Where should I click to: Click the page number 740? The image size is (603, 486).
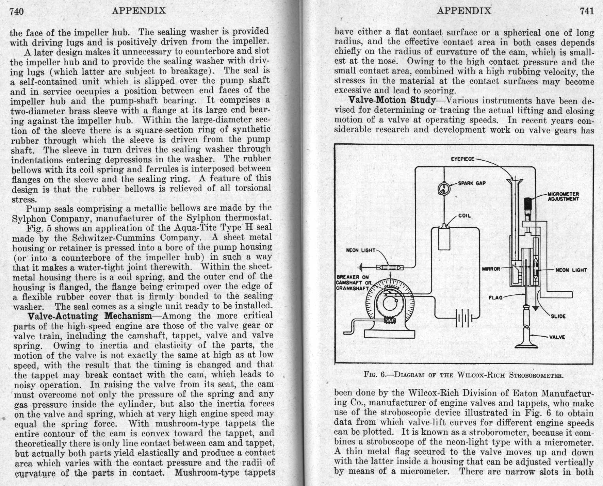coord(17,12)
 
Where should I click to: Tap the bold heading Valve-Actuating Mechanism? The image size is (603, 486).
coord(90,316)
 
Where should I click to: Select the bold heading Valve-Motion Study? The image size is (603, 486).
coord(392,100)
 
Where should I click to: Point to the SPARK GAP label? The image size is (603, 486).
coord(472,183)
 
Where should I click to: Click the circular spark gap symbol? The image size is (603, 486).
coord(444,189)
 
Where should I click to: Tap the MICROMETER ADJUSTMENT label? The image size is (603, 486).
coord(563,196)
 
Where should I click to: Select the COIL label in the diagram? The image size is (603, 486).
coord(465,215)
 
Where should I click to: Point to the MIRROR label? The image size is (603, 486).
coord(491,269)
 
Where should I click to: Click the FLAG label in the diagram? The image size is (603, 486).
coord(495,297)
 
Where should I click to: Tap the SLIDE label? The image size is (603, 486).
coord(558,316)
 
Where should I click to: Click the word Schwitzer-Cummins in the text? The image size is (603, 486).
coord(107,238)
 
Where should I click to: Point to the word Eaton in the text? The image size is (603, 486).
coord(525,393)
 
